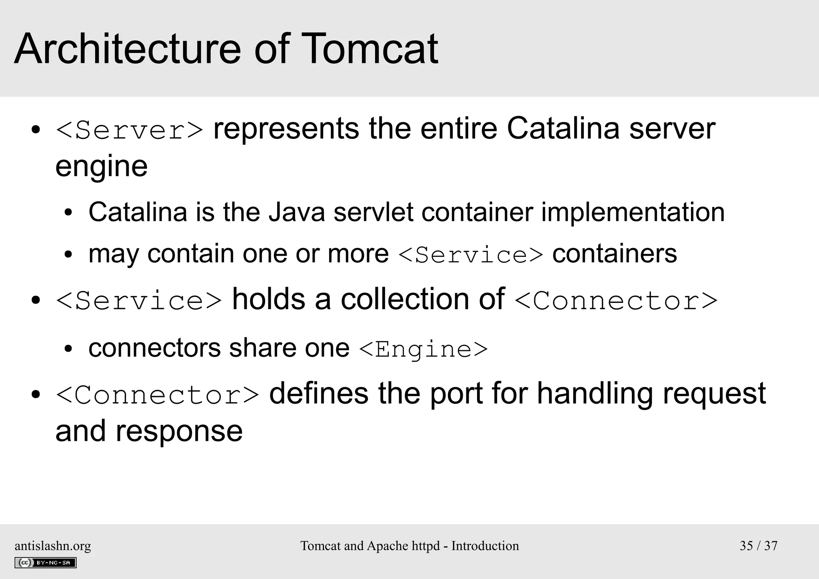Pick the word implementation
[633, 212]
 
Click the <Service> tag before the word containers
[471, 255]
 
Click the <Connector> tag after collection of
[616, 301]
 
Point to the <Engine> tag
[423, 349]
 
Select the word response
[179, 431]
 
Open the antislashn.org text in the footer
[53, 546]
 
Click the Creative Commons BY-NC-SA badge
[46, 563]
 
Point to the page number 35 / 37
[758, 546]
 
